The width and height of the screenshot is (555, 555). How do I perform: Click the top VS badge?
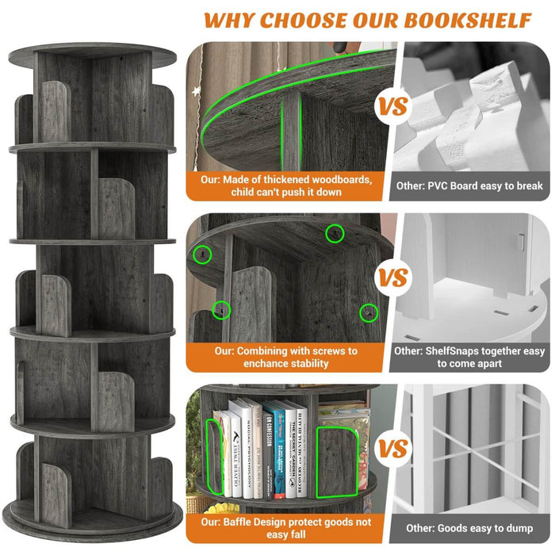coord(392,105)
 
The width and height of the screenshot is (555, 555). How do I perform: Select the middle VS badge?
coord(392,278)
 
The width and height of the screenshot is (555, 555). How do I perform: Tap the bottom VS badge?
coord(392,450)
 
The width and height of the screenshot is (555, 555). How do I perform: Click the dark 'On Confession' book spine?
coord(266,452)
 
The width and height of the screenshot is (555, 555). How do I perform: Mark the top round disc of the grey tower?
coord(93,54)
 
